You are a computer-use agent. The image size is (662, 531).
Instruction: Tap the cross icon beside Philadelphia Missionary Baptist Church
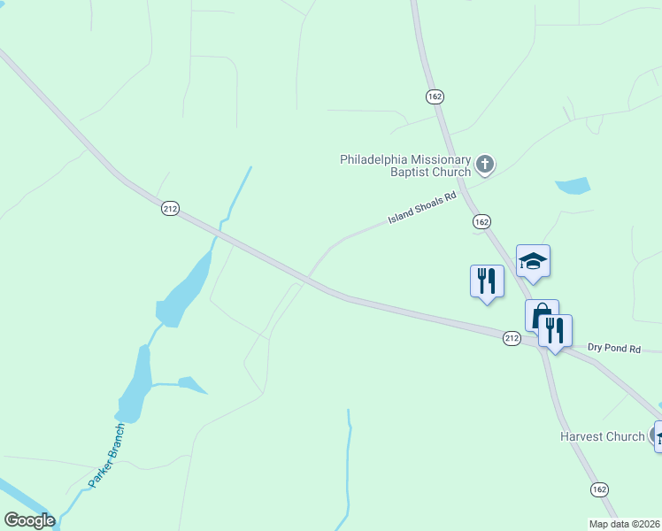(484, 163)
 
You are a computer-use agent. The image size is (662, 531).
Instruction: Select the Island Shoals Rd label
(422, 208)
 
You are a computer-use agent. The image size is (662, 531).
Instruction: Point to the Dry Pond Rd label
(614, 349)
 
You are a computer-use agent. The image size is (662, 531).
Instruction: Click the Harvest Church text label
(602, 436)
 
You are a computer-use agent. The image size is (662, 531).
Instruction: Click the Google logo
(29, 520)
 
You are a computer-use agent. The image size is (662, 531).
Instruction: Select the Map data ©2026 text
(624, 524)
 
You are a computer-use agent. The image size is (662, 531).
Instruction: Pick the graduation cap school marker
(533, 261)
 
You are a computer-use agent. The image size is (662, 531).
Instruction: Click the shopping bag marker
(541, 315)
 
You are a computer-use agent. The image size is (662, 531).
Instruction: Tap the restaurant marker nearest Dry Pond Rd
(555, 330)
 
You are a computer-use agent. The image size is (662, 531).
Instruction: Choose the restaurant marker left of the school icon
(486, 281)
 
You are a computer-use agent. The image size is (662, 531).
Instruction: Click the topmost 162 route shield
(434, 96)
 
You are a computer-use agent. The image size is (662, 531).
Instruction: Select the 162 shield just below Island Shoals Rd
(481, 221)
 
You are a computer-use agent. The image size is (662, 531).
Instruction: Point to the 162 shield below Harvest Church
(599, 489)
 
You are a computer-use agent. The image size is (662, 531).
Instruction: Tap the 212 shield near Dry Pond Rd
(512, 339)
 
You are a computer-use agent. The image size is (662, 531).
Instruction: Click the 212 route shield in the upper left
(171, 209)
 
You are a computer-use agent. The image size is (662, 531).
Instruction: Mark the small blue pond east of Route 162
(573, 186)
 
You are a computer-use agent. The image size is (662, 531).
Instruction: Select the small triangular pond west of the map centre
(191, 384)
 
